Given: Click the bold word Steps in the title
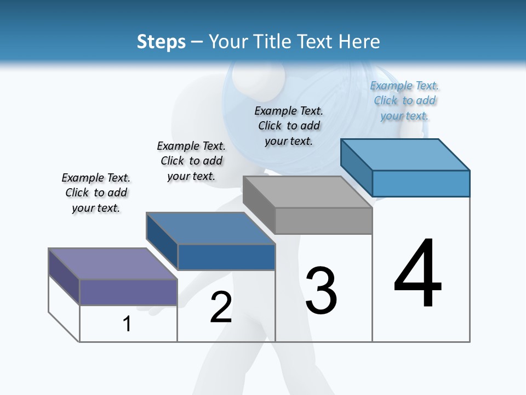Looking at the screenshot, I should tap(161, 42).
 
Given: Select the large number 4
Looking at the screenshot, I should tap(418, 274).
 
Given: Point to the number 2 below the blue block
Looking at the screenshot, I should tap(221, 308).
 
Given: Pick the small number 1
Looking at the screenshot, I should tap(127, 324).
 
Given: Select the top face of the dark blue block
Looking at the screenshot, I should tap(210, 228).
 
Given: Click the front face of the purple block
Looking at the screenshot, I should tap(128, 292).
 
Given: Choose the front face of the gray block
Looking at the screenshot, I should tap(323, 221).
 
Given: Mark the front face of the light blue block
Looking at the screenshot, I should tap(421, 183).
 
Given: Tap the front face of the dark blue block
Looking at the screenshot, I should tap(226, 257).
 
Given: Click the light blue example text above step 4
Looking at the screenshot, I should tap(404, 101).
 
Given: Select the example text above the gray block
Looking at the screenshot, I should tap(289, 126).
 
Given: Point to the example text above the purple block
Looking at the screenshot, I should tap(96, 193).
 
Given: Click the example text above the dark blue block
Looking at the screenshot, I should tap(191, 161).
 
